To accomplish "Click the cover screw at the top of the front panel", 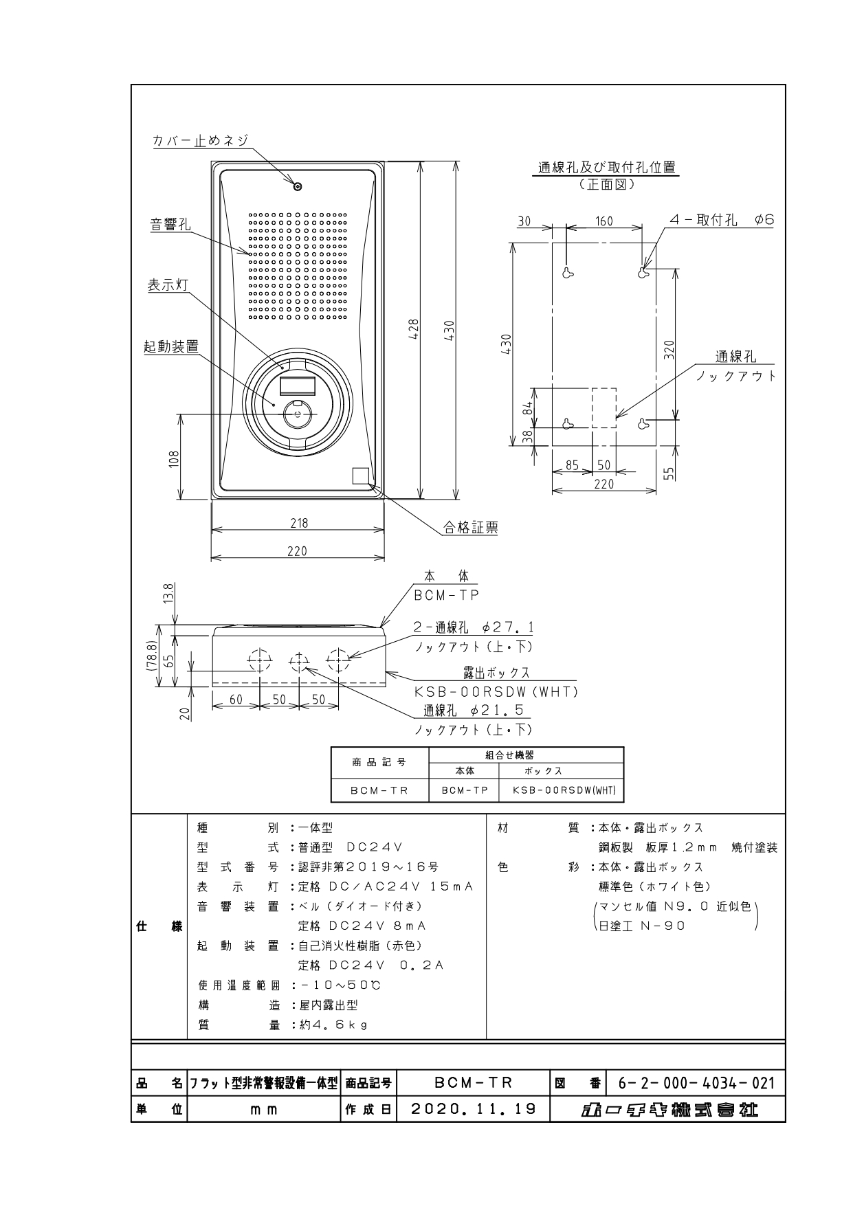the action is coord(298,186).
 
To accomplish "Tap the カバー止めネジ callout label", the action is coord(200,140).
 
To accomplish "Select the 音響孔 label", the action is coord(170,224).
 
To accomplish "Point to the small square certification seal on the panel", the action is coord(360,476).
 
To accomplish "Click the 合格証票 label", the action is coord(470,527).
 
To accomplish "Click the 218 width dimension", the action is coord(298,523).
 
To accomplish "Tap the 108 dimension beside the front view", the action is coord(174,458).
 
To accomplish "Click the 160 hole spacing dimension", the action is coord(603,221).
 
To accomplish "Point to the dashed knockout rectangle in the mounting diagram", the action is coord(604,408).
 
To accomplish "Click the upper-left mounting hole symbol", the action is coord(568,273).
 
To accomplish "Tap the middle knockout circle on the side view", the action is coord(299,661).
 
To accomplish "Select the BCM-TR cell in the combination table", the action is coord(379,790).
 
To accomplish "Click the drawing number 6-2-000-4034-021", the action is coord(696,1084).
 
